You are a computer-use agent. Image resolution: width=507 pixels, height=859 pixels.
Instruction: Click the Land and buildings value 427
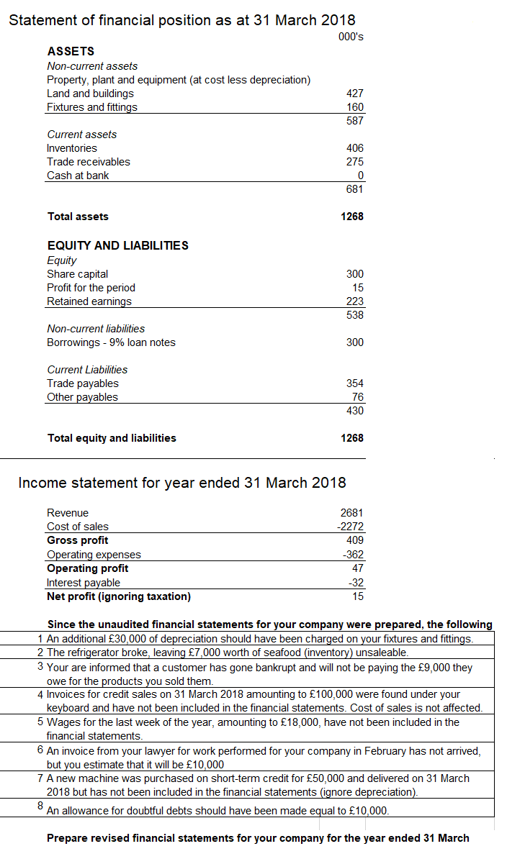(354, 94)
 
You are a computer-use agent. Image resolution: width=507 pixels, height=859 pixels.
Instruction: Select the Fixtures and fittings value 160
(354, 107)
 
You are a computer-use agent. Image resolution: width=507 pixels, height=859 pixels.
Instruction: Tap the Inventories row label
(72, 148)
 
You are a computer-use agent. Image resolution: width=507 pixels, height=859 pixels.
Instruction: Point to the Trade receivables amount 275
(354, 162)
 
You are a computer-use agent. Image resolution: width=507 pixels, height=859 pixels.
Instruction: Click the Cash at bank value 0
(360, 176)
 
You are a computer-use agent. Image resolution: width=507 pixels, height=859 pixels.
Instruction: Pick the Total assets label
(78, 217)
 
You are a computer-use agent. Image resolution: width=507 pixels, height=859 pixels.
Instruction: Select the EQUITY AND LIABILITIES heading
(117, 245)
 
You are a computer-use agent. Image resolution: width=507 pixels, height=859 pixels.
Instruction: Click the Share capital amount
(354, 274)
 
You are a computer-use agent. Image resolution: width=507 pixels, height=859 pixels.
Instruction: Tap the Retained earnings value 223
(354, 301)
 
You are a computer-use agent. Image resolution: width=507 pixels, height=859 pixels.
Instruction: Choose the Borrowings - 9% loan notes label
(111, 342)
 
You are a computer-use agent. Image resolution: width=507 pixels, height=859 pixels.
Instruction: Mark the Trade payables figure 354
(354, 383)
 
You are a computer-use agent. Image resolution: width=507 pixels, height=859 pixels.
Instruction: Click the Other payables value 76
(357, 397)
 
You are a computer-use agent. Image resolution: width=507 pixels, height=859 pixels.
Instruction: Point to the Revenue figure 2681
(351, 513)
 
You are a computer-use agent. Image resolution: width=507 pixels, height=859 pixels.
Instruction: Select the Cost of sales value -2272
(350, 527)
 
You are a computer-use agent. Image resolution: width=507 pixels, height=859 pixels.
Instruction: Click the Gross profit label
(77, 540)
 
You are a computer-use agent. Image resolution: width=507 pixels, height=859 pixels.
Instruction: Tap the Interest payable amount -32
(355, 583)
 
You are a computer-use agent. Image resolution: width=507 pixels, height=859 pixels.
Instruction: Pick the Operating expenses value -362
(352, 555)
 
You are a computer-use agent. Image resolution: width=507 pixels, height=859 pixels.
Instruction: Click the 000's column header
(350, 38)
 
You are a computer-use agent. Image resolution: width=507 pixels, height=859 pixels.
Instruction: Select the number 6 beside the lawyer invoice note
(40, 750)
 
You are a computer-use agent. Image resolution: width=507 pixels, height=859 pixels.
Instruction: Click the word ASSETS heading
(71, 52)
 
